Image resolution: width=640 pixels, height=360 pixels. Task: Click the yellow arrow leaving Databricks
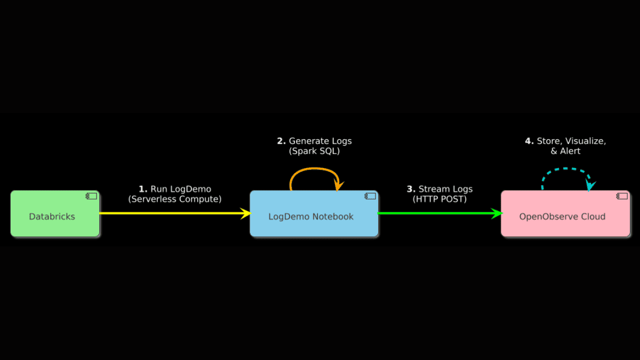pyautogui.click(x=171, y=213)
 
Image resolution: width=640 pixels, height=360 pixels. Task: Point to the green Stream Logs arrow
pyautogui.click(x=437, y=213)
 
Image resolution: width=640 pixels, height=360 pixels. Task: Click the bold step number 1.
pyautogui.click(x=142, y=189)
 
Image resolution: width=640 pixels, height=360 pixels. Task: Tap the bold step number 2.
pyautogui.click(x=281, y=141)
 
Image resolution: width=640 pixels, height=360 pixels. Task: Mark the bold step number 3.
pyautogui.click(x=411, y=189)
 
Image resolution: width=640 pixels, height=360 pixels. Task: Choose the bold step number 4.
pyautogui.click(x=529, y=141)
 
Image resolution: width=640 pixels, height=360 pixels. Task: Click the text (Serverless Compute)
pyautogui.click(x=175, y=199)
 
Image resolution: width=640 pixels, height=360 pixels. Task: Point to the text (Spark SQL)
pyautogui.click(x=315, y=151)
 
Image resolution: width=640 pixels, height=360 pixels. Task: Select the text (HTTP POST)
pyautogui.click(x=440, y=199)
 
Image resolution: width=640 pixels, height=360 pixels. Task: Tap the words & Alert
pyautogui.click(x=565, y=151)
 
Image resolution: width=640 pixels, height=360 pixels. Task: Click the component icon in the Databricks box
pyautogui.click(x=91, y=196)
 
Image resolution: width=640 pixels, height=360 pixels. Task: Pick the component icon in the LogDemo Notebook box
pyautogui.click(x=370, y=196)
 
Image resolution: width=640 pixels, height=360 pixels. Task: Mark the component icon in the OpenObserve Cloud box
pyautogui.click(x=622, y=196)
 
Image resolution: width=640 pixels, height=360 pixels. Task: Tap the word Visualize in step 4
pyautogui.click(x=586, y=141)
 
